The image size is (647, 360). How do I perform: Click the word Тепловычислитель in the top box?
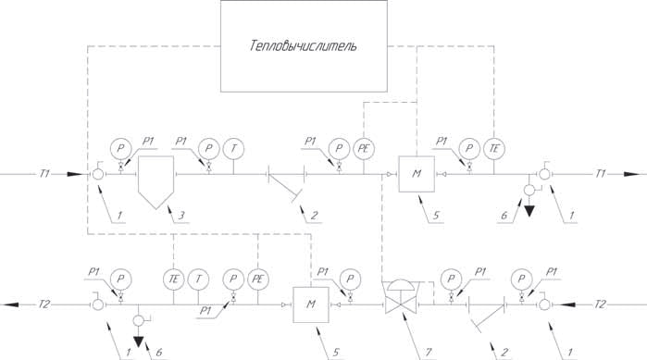(x=304, y=45)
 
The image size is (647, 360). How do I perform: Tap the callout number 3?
(x=181, y=215)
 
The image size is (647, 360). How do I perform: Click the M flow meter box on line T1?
(x=417, y=174)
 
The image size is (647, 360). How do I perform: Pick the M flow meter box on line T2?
(x=311, y=304)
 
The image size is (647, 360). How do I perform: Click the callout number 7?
(x=429, y=353)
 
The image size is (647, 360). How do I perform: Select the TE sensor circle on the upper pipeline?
(x=494, y=149)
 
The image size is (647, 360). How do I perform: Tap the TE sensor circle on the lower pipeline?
(x=174, y=279)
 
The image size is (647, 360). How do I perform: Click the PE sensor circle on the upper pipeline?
(x=364, y=149)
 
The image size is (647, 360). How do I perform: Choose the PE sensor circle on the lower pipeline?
(x=258, y=279)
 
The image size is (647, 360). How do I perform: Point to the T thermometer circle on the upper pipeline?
(x=233, y=149)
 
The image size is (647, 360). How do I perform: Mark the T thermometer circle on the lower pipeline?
(x=198, y=279)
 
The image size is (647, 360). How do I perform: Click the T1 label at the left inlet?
(x=44, y=174)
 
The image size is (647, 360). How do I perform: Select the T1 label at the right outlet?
(x=601, y=174)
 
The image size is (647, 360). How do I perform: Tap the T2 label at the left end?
(x=44, y=304)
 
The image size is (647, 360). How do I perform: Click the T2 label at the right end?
(x=601, y=304)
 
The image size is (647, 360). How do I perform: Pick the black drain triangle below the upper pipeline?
(x=529, y=211)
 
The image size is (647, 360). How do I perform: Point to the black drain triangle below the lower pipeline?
(x=139, y=341)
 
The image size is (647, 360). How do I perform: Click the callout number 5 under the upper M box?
(x=436, y=215)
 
